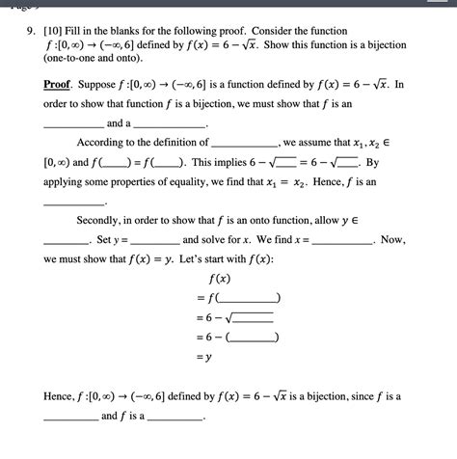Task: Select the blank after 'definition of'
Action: coord(243,143)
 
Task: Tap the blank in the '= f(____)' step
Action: coord(251,298)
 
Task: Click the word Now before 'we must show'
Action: coord(392,239)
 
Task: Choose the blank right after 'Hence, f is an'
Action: coord(74,201)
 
